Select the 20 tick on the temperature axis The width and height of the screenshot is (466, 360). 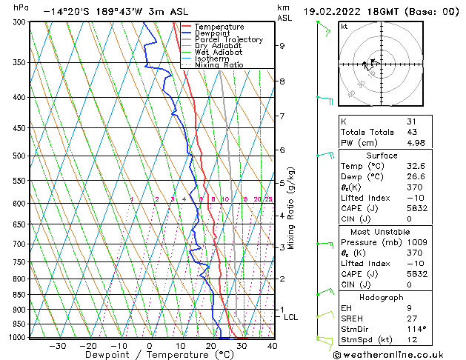click(x=210, y=345)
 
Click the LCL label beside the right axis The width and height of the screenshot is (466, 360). click(x=291, y=317)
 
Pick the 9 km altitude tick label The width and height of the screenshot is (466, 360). click(x=282, y=46)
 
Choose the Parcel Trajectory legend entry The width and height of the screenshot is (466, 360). click(x=228, y=40)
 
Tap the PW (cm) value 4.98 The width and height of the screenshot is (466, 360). click(x=416, y=143)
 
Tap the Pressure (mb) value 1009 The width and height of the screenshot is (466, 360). click(x=416, y=241)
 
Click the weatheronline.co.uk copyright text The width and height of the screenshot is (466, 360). click(x=393, y=353)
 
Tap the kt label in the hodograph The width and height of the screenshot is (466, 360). click(x=344, y=27)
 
